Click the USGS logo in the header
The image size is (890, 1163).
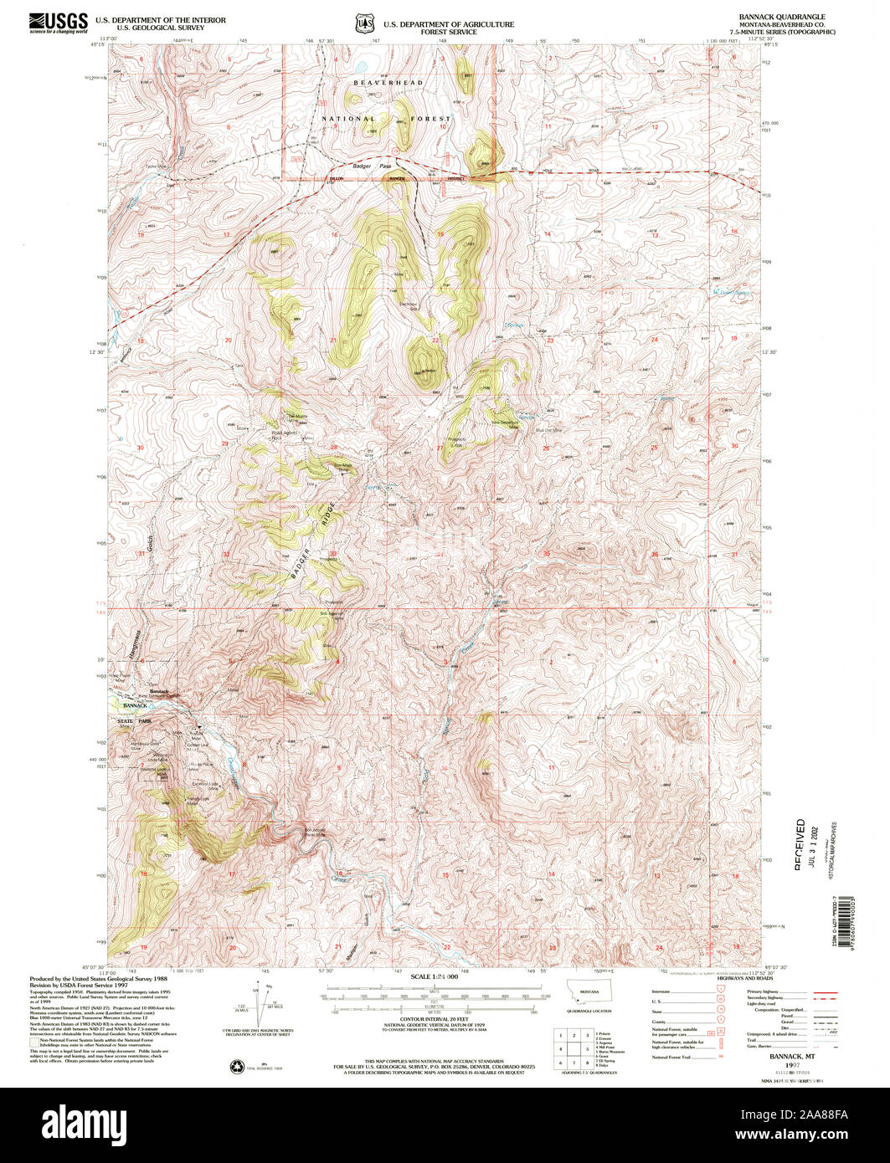pyautogui.click(x=59, y=21)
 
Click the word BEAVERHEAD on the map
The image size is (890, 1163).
pyautogui.click(x=388, y=84)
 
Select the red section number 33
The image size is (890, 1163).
pyautogui.click(x=332, y=553)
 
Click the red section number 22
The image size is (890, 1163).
pyautogui.click(x=435, y=341)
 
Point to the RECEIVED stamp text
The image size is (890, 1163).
pyautogui.click(x=800, y=844)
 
